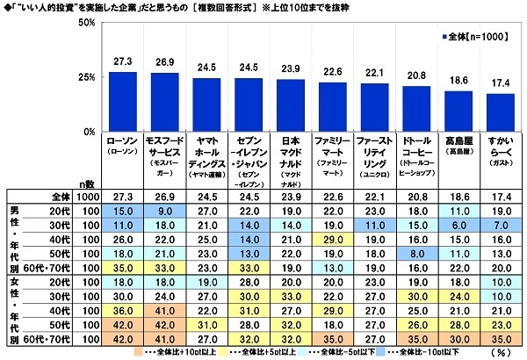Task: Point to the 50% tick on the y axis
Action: click(x=84, y=23)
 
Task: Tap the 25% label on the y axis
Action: click(x=84, y=77)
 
